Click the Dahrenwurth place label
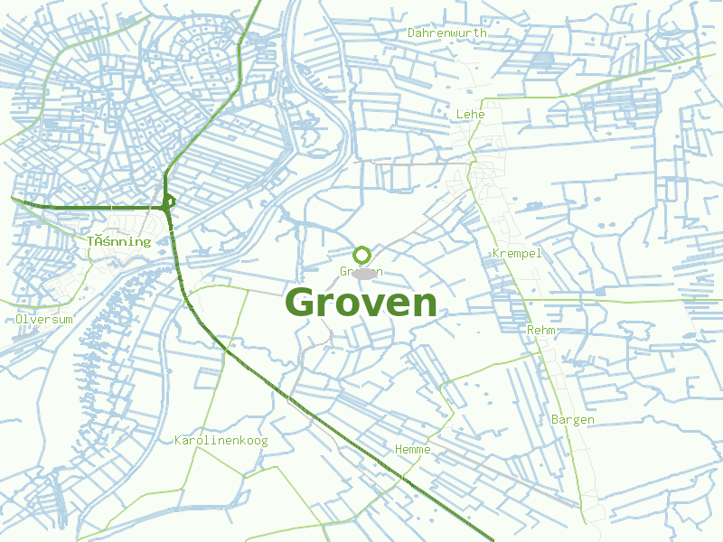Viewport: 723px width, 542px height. coord(446,33)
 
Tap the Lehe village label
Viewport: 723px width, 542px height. coord(470,114)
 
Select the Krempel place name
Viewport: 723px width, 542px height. coord(517,253)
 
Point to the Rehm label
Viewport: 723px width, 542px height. coord(540,330)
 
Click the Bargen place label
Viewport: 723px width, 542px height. coord(573,419)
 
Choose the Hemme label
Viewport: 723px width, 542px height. coord(413,449)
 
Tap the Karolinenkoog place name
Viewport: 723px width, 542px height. coord(221,440)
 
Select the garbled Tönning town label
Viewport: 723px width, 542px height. coord(118,241)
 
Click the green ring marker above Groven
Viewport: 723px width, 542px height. coord(362,255)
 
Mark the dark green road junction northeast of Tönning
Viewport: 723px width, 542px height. coord(167,203)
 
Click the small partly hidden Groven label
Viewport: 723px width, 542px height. coord(361,271)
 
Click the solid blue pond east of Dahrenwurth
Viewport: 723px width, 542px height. coord(542,59)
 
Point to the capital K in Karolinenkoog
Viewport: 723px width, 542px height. coord(178,440)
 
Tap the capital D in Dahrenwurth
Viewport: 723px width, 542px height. coord(411,33)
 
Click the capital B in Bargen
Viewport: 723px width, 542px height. coord(555,419)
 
